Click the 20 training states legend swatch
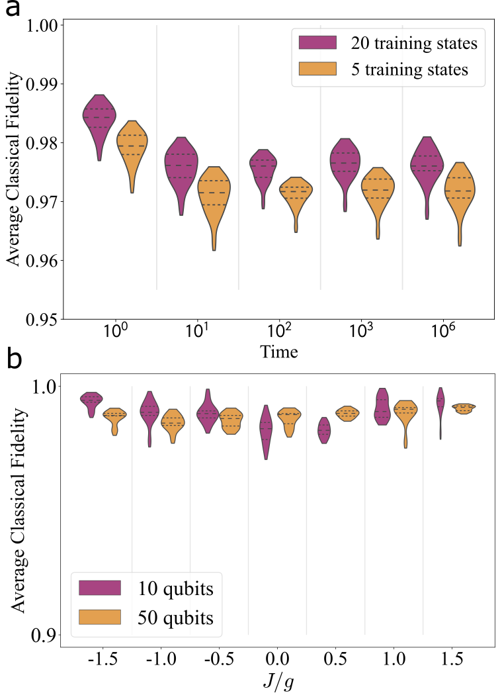[318, 44]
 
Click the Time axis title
[278, 351]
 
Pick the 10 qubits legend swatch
[99, 588]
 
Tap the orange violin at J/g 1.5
[464, 408]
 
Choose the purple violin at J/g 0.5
[324, 430]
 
